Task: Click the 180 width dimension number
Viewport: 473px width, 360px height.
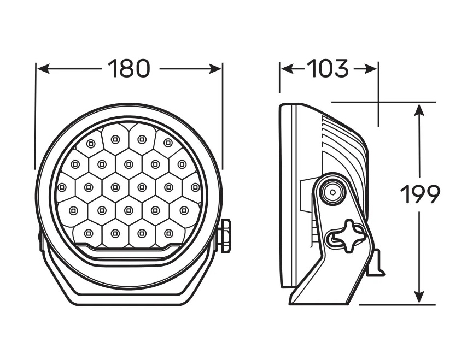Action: [x=129, y=69]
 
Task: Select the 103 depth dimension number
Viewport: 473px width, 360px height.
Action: [x=328, y=69]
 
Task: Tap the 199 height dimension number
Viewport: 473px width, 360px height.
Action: [x=420, y=194]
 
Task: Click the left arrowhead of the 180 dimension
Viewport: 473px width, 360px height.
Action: [x=43, y=69]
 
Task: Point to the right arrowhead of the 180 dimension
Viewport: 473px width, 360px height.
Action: [x=215, y=69]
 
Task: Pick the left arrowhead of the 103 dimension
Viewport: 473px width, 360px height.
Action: [x=287, y=69]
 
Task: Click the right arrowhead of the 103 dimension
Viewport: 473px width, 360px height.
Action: [x=371, y=69]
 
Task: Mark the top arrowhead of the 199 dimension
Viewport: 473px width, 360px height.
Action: [x=419, y=110]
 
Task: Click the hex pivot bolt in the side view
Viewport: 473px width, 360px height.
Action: [x=332, y=192]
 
